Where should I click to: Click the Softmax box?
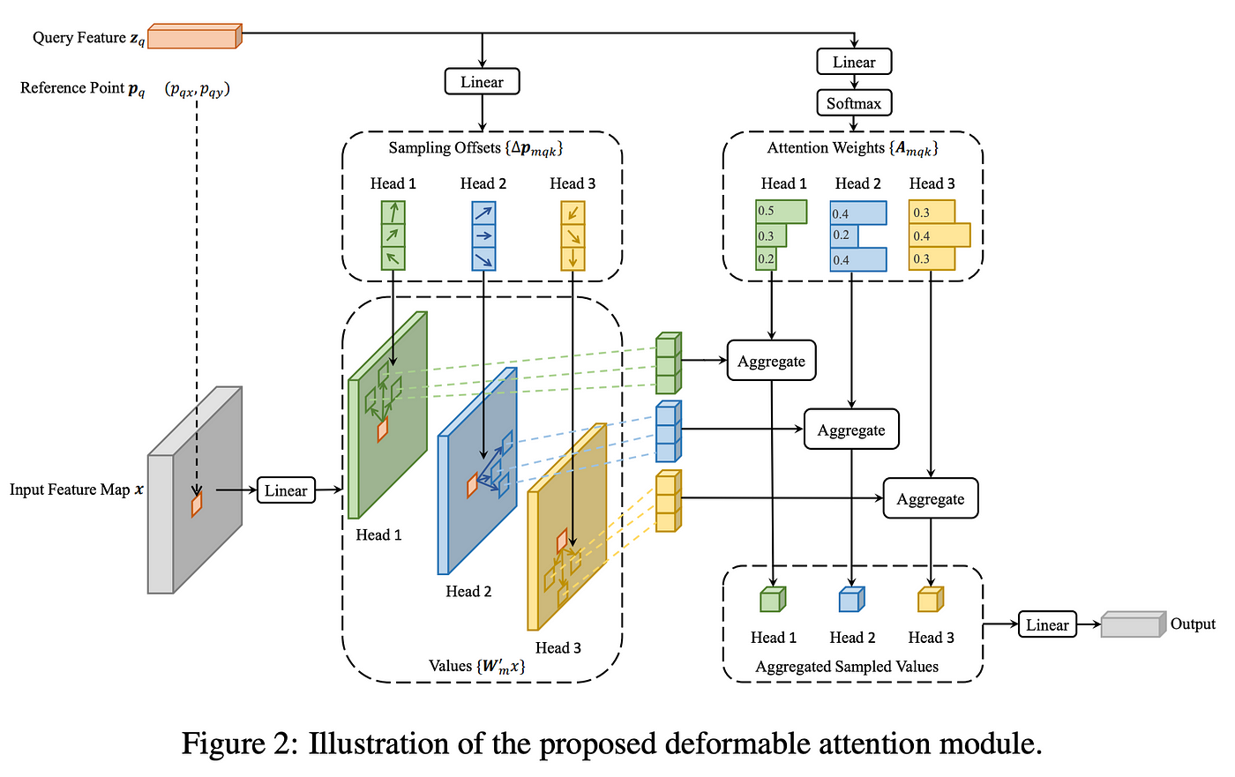coord(854,103)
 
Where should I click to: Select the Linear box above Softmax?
coord(854,62)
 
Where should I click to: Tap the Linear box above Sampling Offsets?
coord(482,81)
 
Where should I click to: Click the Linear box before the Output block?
coord(1047,624)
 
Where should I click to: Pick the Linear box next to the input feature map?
coord(286,489)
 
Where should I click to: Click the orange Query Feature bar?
coord(195,36)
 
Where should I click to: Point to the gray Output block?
coord(1133,624)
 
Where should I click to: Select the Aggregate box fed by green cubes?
coord(771,361)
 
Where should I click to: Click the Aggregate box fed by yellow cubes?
coord(931,498)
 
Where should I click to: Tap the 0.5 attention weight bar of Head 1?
coord(782,212)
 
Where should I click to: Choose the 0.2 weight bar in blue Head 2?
coord(844,235)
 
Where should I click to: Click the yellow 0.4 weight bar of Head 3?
coord(939,235)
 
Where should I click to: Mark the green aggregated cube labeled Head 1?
coord(773,600)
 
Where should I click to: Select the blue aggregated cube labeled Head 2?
coord(852,600)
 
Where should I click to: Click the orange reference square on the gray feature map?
coord(197,504)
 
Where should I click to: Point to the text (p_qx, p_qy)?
coord(197,89)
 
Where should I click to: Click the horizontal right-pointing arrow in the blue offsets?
coord(483,235)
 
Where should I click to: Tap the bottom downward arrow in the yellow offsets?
coord(573,258)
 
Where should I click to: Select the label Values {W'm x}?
coord(477,666)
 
